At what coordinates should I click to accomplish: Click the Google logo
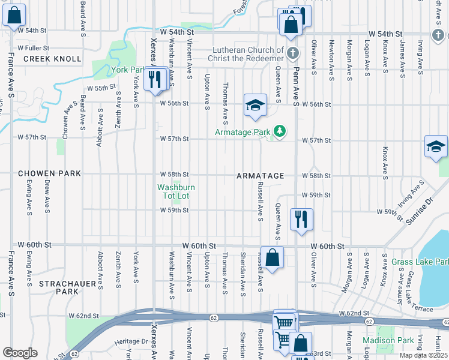tap(20, 353)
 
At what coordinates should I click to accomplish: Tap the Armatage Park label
tap(243, 132)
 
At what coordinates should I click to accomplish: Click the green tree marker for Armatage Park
tap(279, 130)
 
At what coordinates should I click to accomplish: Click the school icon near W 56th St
tap(255, 106)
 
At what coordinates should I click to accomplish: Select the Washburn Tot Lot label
tap(173, 191)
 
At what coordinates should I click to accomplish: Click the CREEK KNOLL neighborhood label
tap(52, 59)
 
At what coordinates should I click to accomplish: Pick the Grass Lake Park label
tap(420, 262)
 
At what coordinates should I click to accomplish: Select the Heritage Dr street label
tap(131, 341)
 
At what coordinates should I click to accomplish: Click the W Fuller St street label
tap(33, 47)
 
